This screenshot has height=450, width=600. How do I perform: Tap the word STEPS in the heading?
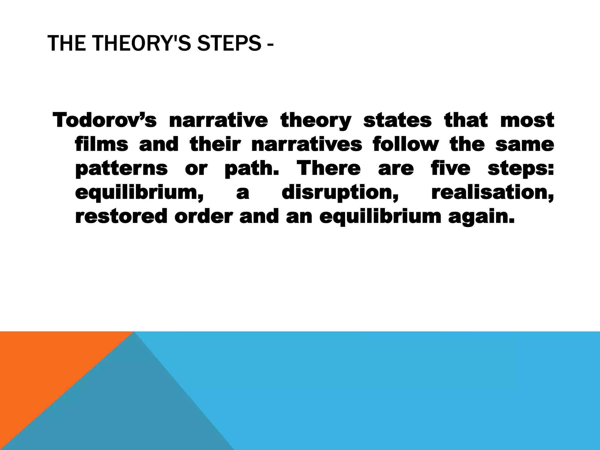[229, 43]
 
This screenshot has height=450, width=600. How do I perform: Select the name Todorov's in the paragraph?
[105, 120]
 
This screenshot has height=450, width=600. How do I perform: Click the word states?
[397, 120]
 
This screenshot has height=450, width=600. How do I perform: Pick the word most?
[527, 120]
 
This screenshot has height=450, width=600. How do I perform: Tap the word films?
[101, 144]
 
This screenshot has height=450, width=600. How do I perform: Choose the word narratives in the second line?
[307, 144]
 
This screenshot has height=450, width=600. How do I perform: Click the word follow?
[406, 144]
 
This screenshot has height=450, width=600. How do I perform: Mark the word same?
[525, 144]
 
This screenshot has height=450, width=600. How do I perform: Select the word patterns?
[121, 169]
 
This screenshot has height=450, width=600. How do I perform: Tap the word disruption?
[340, 193]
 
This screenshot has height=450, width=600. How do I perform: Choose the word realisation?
[492, 193]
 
